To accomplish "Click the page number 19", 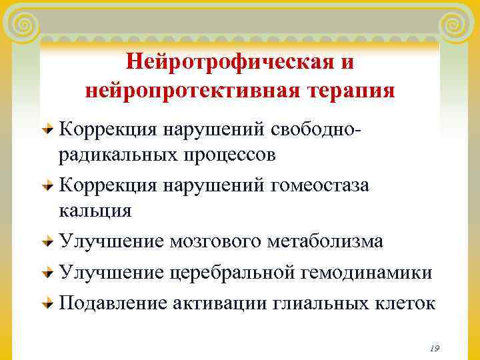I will click(435, 348).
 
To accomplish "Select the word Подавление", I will click(113, 303).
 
